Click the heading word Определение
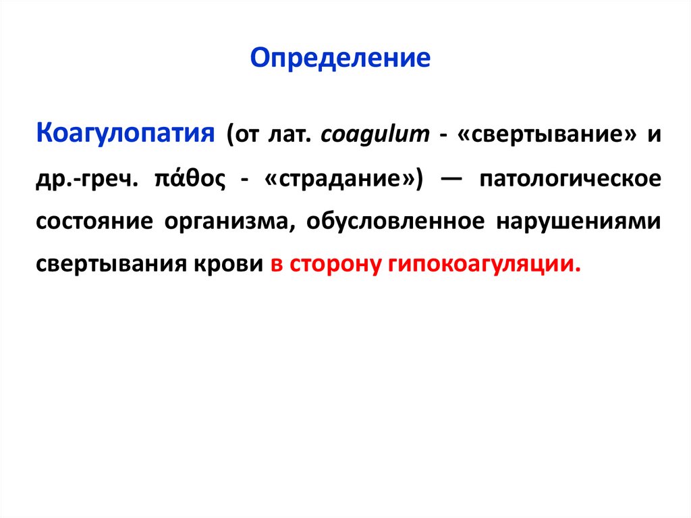click(340, 59)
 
